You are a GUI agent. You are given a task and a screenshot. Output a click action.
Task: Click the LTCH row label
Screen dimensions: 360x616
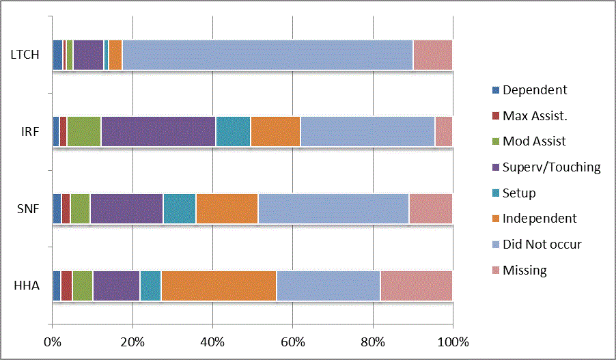click(25, 55)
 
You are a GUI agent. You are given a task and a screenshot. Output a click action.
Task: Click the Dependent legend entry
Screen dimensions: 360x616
click(534, 89)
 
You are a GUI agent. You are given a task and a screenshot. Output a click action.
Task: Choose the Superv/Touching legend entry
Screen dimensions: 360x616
click(551, 167)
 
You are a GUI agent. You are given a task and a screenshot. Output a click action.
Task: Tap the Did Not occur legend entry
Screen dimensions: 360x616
click(542, 244)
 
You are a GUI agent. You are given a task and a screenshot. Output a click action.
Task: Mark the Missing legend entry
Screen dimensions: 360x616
click(524, 270)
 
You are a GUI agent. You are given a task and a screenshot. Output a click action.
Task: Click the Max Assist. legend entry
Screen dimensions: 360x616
click(535, 115)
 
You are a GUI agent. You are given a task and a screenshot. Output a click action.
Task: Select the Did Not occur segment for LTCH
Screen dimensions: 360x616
click(267, 55)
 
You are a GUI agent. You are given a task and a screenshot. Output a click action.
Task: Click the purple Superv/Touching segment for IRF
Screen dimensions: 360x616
click(158, 131)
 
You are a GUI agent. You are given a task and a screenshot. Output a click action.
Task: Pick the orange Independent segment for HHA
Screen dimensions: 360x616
click(219, 286)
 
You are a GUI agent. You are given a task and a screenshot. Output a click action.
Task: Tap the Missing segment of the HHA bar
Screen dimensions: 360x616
click(416, 286)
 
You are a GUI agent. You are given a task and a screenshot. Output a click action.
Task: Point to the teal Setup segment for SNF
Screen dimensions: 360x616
click(179, 208)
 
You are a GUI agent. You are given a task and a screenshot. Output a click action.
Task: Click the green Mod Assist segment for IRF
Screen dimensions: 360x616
click(83, 131)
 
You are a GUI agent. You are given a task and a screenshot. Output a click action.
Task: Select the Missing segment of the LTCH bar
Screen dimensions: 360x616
click(432, 55)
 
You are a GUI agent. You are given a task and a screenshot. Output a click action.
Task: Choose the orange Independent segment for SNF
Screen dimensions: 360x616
click(227, 208)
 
